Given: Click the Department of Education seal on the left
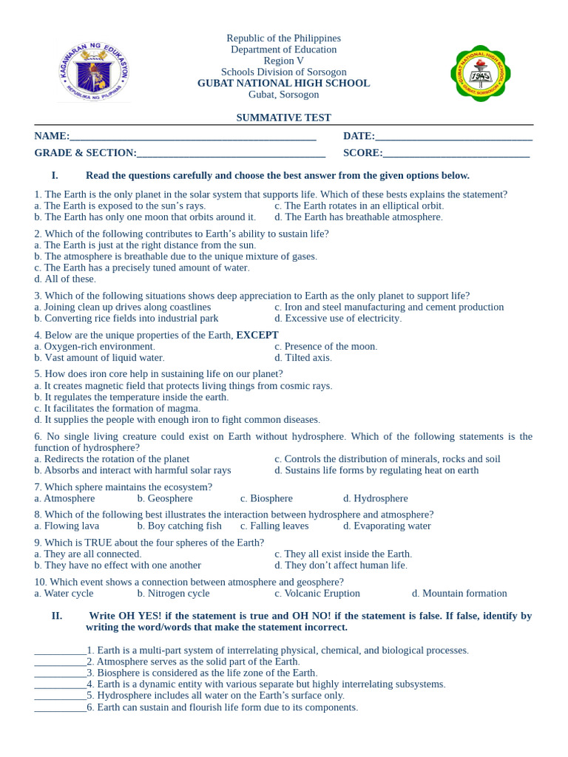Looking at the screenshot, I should point(94,72).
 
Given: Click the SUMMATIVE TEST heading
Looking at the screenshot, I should point(283,118).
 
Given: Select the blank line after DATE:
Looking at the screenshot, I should point(453,137).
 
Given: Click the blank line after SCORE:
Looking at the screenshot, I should point(456,154).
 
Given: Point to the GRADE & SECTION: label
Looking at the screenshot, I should point(85,153).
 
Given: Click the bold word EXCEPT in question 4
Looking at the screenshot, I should point(257,335).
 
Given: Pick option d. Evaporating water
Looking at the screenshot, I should point(387,526).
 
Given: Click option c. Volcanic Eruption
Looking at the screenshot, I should point(317,593).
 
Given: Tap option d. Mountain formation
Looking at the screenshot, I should point(459,593).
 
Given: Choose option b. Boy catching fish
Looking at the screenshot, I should point(179,526).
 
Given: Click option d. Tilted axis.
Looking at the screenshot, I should point(303,358).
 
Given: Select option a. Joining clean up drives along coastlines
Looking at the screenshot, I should point(123,307).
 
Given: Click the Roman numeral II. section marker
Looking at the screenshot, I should point(57,616).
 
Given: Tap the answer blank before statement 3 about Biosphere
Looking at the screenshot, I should point(60,673).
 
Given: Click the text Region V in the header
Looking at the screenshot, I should point(283,61).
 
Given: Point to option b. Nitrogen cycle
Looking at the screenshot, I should point(173,593).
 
